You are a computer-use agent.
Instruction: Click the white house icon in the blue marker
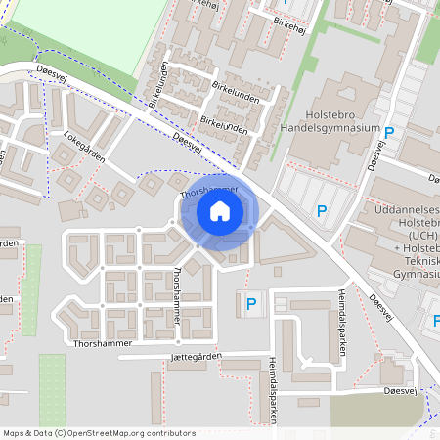(x=220, y=210)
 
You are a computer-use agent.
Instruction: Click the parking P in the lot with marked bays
(x=322, y=210)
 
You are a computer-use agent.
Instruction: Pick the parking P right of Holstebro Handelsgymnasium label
(x=389, y=133)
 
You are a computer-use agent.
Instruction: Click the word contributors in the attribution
(x=168, y=432)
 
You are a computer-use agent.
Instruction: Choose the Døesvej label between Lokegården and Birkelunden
(x=186, y=142)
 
